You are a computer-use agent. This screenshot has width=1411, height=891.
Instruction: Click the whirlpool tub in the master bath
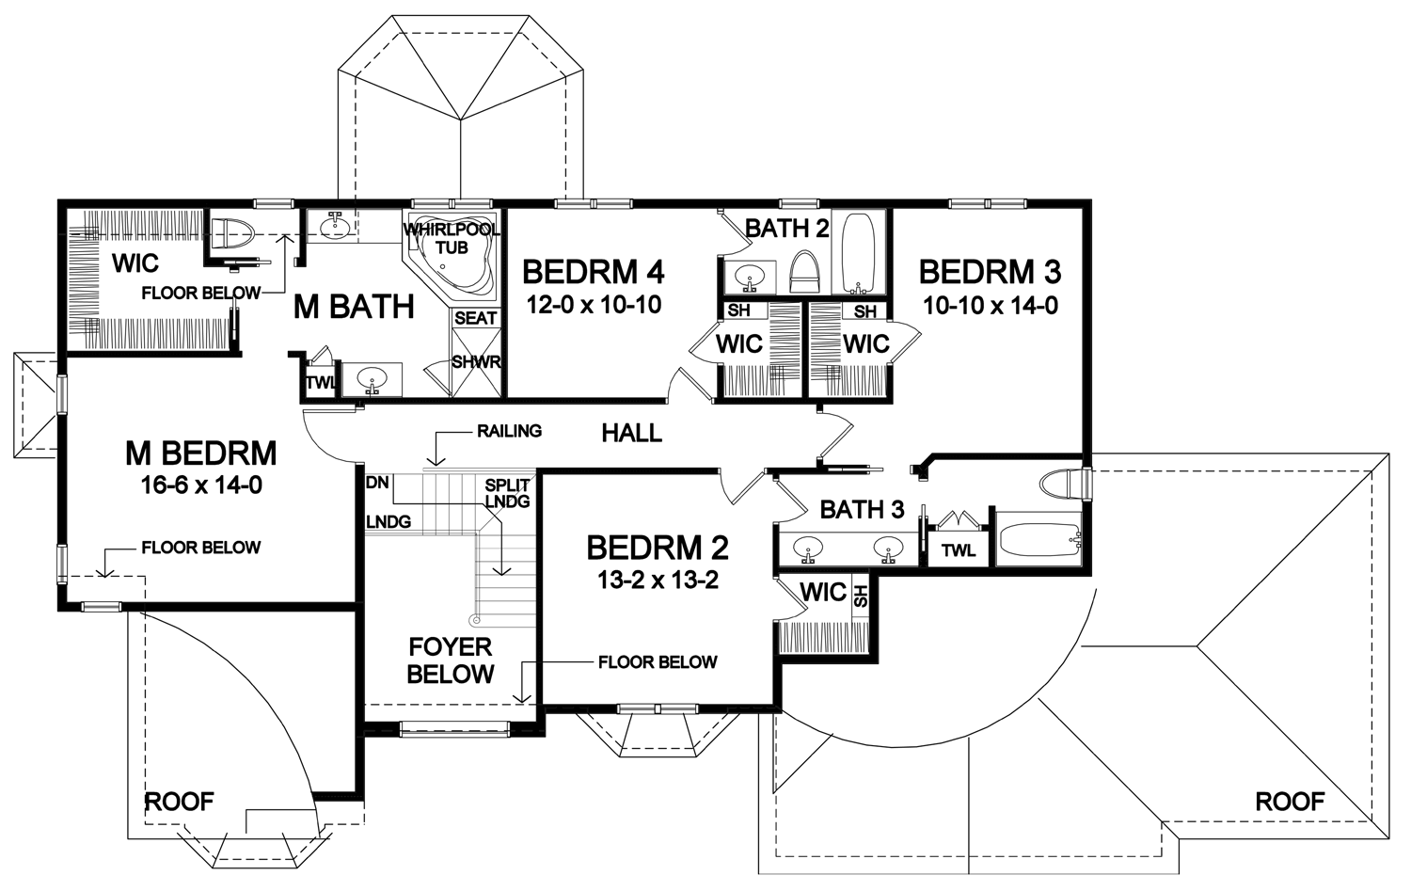coord(451,259)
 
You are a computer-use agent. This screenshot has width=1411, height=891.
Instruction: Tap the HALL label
coord(632,434)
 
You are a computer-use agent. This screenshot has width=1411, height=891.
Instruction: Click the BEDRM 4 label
coord(594,272)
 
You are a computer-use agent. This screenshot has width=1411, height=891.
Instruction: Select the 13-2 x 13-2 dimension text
coord(658,581)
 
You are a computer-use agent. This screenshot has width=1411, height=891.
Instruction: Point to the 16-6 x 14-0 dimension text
coord(201,485)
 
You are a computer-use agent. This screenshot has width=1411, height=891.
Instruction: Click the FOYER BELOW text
coord(451,660)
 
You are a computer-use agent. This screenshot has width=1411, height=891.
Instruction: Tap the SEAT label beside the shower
coord(476,318)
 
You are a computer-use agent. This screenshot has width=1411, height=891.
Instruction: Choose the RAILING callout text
coord(509,431)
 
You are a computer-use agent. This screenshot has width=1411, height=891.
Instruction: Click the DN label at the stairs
coord(377,483)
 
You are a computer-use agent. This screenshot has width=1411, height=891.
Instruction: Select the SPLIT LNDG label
coord(507,493)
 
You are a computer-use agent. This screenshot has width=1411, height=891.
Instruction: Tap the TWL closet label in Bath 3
coord(959,550)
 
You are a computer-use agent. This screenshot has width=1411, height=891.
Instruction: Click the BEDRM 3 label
coord(991,272)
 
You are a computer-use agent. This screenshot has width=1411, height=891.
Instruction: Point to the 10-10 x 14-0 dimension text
coord(991,306)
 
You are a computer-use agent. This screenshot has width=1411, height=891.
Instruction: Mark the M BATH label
coord(354,307)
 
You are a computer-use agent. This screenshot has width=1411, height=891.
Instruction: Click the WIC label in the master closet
coord(135,263)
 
